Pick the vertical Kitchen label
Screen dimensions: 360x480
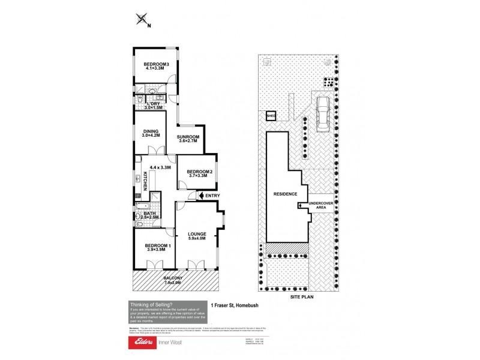coord(145,182)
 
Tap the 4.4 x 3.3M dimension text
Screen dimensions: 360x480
coord(160,167)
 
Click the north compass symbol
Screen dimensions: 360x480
coord(142,20)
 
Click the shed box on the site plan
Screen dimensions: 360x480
coord(270,116)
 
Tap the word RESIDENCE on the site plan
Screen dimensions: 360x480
coord(286,194)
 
